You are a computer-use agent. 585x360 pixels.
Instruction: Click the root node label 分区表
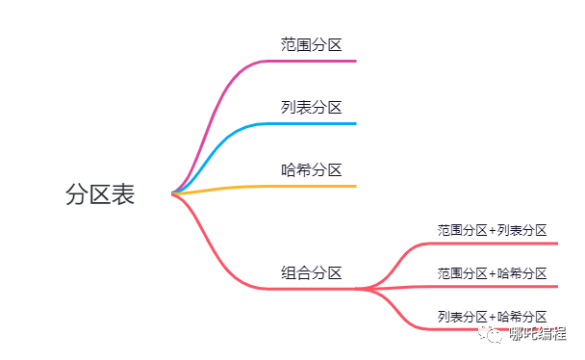(x=100, y=194)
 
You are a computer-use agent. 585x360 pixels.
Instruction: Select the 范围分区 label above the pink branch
(x=311, y=44)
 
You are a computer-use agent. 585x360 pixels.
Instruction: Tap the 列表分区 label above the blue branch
(x=311, y=107)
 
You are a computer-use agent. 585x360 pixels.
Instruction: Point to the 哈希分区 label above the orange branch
(x=311, y=169)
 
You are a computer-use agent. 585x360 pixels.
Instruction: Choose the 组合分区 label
(x=311, y=272)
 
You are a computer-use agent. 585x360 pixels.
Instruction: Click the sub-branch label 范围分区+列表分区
(x=492, y=230)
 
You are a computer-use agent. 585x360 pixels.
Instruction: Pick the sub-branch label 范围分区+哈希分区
(x=492, y=273)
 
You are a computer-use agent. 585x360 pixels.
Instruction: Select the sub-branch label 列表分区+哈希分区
(x=492, y=316)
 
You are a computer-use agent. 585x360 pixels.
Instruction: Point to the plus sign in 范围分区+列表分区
(x=493, y=230)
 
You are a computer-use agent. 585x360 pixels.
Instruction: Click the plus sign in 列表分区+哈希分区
(x=493, y=316)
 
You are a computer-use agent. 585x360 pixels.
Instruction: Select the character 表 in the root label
(x=123, y=194)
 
